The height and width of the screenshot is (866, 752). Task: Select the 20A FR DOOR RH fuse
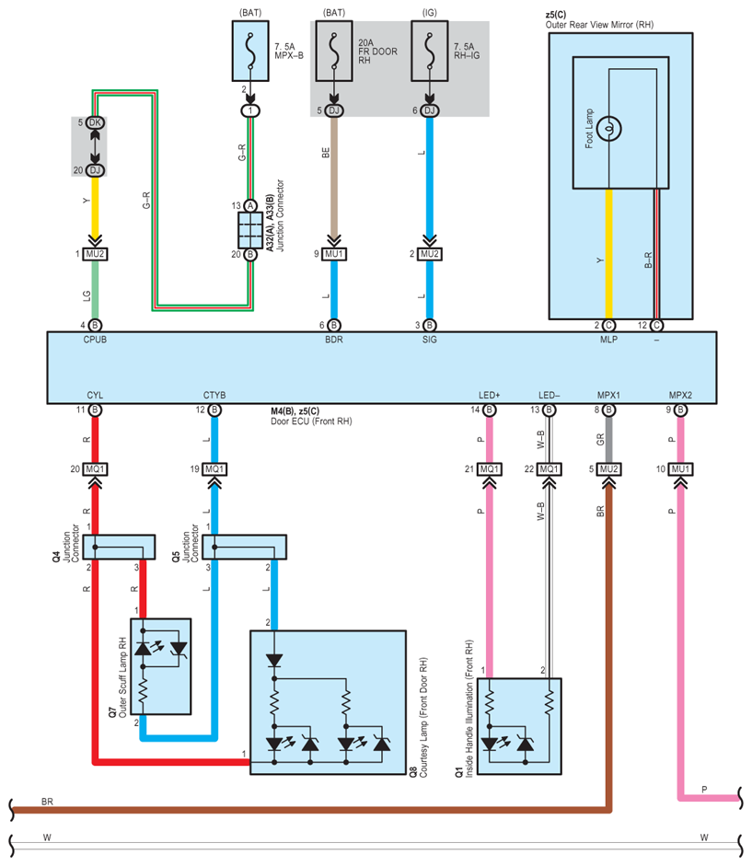tap(334, 52)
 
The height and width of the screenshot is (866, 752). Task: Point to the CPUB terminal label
tap(95, 340)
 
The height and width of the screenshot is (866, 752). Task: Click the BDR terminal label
tap(334, 340)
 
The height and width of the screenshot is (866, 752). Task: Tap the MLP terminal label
tap(609, 340)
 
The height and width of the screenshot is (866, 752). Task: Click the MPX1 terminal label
tap(608, 396)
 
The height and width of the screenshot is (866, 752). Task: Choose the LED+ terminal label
tap(489, 396)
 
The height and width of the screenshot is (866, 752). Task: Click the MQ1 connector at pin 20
tap(95, 468)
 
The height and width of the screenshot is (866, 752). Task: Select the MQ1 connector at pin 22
tap(549, 468)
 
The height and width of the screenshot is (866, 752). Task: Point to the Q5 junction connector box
tap(249, 547)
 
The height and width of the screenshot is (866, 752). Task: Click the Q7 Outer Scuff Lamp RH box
tap(162, 666)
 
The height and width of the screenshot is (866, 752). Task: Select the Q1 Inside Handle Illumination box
tap(520, 725)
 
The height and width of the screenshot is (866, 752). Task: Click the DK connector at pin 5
tap(95, 121)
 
